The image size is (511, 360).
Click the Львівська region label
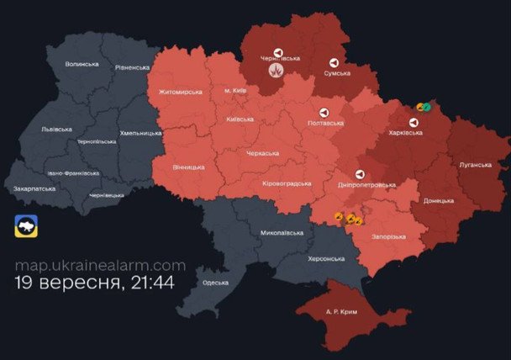coord(56,129)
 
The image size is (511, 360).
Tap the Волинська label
coord(82,64)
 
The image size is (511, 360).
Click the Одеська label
coord(216,282)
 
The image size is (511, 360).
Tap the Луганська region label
coord(474,165)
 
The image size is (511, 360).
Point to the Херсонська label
coord(331,258)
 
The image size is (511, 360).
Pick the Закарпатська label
coord(34,188)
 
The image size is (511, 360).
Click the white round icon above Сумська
coord(334,62)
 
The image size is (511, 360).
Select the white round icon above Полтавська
coord(323,112)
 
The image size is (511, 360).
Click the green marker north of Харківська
coord(427,107)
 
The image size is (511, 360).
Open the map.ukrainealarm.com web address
coord(100,266)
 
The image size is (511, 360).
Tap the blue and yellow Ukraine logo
coord(27,227)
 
